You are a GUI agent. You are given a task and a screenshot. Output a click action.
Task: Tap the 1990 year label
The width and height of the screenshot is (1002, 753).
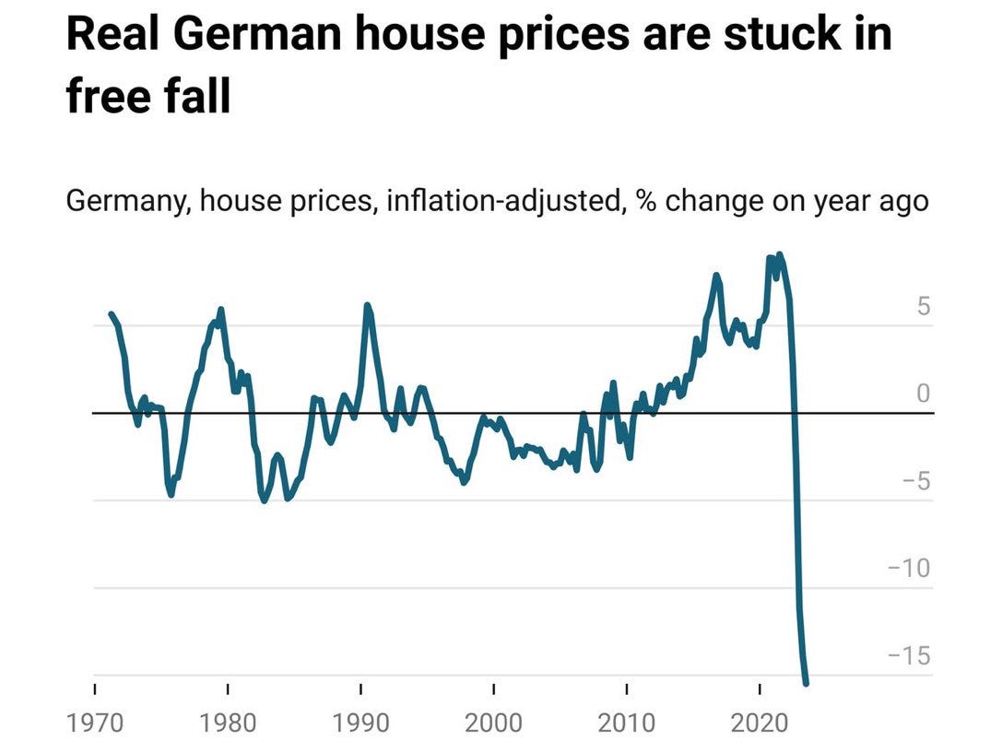tap(360, 721)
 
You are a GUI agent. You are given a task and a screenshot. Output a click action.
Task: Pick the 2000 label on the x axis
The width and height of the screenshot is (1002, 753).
tap(494, 721)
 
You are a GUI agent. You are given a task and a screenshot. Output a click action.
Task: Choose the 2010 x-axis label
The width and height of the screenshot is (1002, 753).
tap(627, 721)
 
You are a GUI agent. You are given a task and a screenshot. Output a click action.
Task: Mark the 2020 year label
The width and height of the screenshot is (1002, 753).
tap(760, 721)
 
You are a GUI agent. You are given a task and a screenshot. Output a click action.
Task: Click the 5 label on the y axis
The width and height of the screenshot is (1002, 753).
tap(924, 307)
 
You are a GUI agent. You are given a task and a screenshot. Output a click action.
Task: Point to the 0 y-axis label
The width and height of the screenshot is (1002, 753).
tap(924, 394)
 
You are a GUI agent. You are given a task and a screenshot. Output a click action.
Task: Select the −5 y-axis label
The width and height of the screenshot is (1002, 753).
tap(912, 481)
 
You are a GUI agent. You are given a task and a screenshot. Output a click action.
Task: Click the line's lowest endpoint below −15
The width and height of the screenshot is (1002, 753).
tap(807, 683)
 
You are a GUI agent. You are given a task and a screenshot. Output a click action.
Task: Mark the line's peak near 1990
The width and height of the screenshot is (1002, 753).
tap(367, 305)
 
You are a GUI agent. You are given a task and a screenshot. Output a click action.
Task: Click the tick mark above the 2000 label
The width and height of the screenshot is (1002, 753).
tap(494, 688)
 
